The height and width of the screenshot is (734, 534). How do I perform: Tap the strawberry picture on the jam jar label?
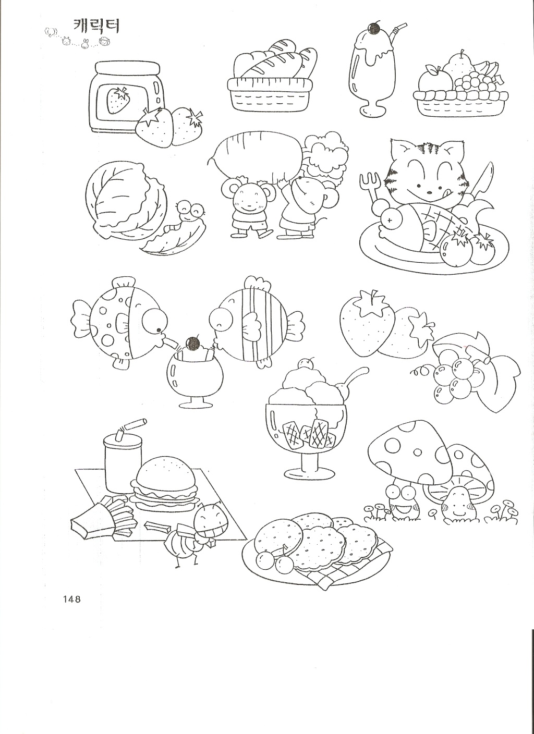[119, 100]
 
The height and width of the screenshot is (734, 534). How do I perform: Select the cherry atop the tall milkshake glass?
[374, 29]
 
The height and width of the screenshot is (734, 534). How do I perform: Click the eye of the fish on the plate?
[391, 221]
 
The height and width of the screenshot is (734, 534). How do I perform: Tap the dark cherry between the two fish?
[193, 344]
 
